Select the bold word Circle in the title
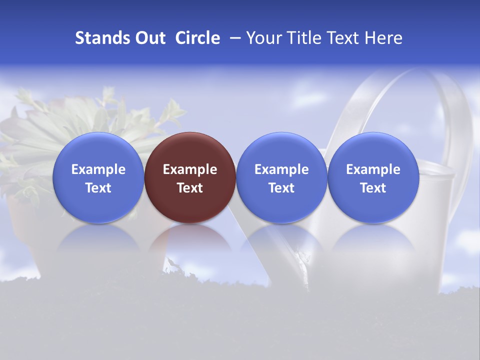[x=197, y=38]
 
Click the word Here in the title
[x=383, y=38]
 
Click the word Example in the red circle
[x=190, y=169]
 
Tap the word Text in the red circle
[x=190, y=188]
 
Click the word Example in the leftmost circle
[x=98, y=169]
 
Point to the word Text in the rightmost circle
[x=373, y=188]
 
